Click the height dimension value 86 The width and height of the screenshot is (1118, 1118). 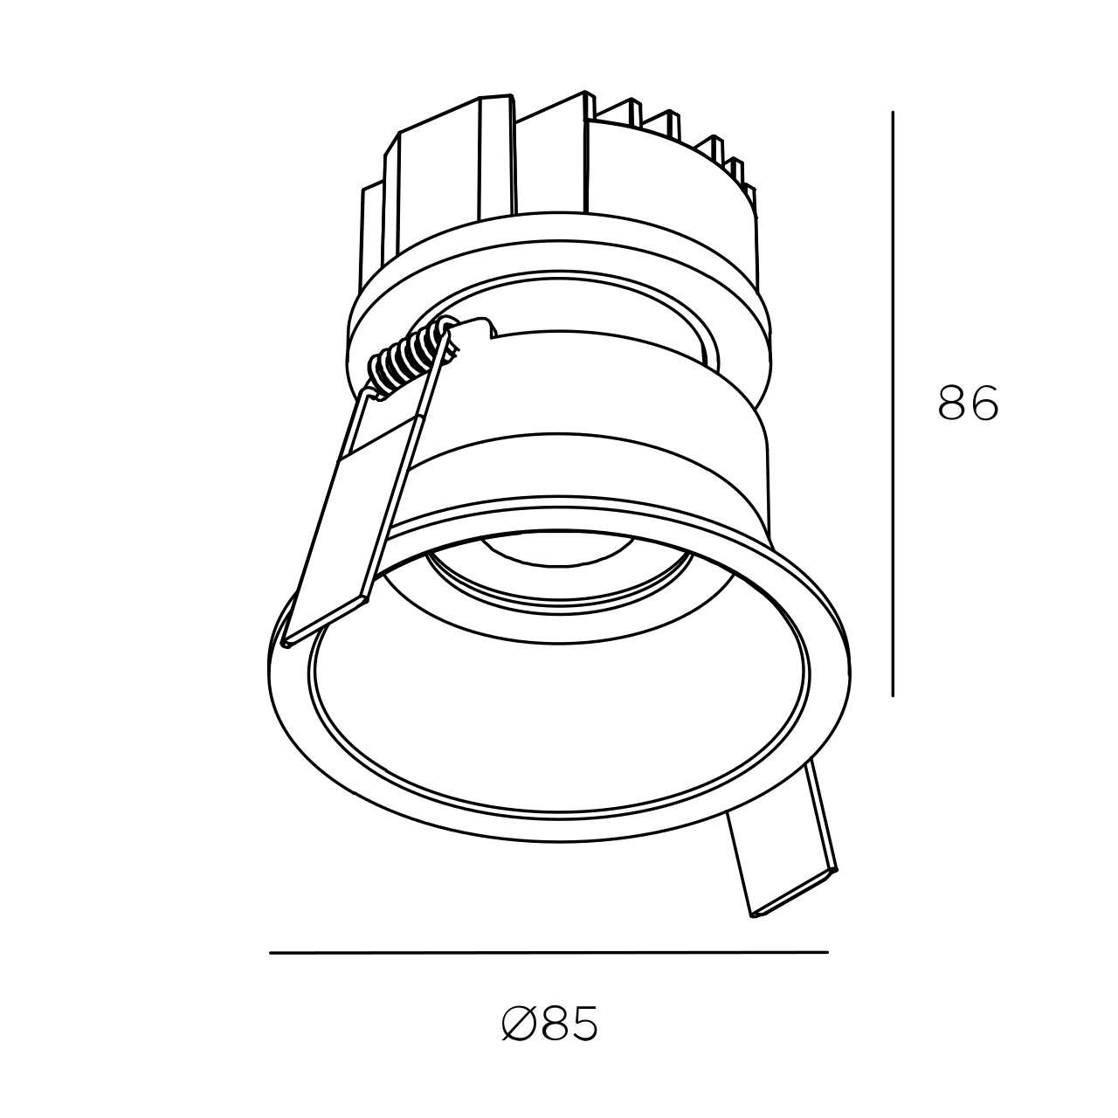coord(968,402)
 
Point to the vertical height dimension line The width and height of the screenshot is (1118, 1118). coord(893,404)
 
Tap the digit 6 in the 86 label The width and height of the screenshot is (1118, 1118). coord(984,402)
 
